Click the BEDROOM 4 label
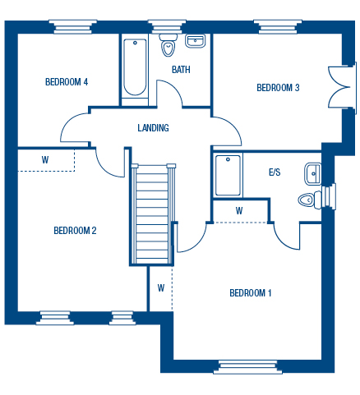click(x=67, y=82)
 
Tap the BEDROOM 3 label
click(x=278, y=88)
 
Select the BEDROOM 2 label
click(x=75, y=231)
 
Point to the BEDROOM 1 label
click(x=251, y=293)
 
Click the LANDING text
click(x=153, y=128)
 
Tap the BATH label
click(x=181, y=70)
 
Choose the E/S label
click(x=275, y=172)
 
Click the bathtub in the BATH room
click(x=135, y=67)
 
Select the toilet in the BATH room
click(x=168, y=45)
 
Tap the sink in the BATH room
click(x=195, y=41)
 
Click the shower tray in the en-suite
click(x=228, y=176)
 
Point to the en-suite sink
click(x=312, y=173)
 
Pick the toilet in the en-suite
click(x=310, y=200)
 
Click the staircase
click(x=152, y=214)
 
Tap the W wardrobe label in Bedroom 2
click(x=45, y=159)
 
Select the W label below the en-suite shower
click(x=239, y=211)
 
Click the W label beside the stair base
click(x=161, y=288)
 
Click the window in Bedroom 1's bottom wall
click(x=247, y=367)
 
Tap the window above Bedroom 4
click(x=73, y=27)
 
